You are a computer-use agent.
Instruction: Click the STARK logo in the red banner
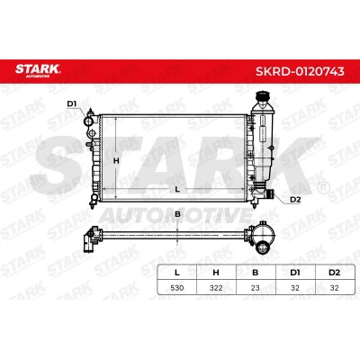38,71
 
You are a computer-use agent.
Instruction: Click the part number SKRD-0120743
300,71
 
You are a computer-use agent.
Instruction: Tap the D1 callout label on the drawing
72,103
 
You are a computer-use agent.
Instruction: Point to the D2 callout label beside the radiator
295,200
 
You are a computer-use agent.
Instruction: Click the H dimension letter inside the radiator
116,161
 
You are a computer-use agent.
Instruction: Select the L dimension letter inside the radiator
177,189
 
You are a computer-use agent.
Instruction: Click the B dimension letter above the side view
177,214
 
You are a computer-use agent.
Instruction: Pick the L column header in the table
177,273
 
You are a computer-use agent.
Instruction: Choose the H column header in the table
216,273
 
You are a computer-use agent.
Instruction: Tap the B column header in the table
256,273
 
